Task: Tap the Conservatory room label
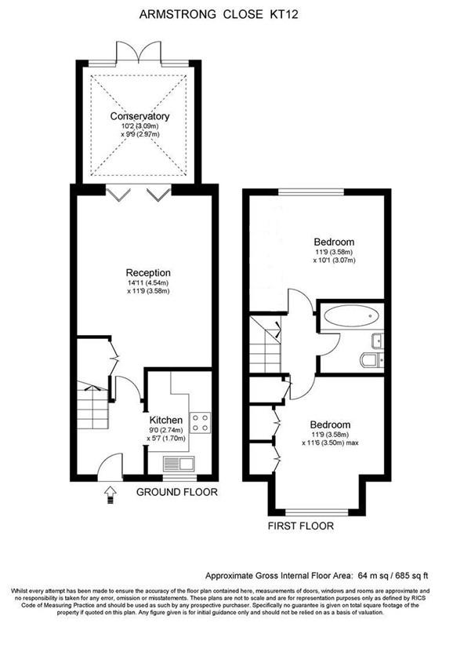pyautogui.click(x=139, y=116)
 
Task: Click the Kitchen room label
pyautogui.click(x=166, y=420)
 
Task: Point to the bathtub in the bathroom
pyautogui.click(x=352, y=318)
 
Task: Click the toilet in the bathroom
pyautogui.click(x=370, y=360)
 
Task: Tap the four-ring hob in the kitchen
pyautogui.click(x=200, y=423)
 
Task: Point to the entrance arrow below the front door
pyautogui.click(x=109, y=493)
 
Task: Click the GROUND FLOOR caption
pyautogui.click(x=176, y=493)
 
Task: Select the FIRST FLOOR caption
pyautogui.click(x=301, y=526)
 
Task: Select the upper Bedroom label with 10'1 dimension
pyautogui.click(x=334, y=241)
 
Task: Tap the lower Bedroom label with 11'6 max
pyautogui.click(x=329, y=424)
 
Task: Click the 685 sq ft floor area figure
pyautogui.click(x=408, y=574)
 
